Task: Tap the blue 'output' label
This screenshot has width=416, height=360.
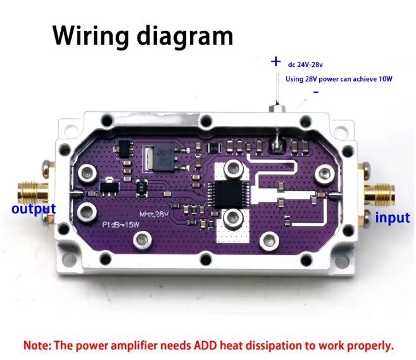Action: pyautogui.click(x=34, y=209)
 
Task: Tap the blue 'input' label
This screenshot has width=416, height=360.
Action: pyautogui.click(x=393, y=218)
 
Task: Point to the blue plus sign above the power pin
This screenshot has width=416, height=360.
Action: pyautogui.click(x=275, y=61)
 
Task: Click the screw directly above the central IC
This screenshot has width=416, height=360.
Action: pyautogui.click(x=234, y=167)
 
